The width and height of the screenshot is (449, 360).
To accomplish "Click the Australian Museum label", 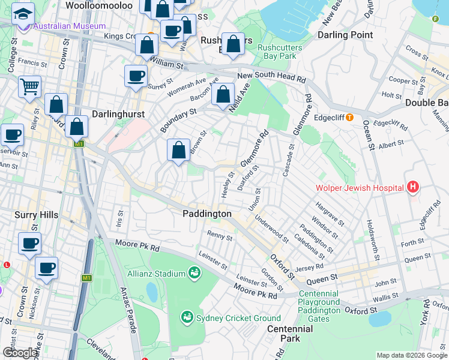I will point(70,26).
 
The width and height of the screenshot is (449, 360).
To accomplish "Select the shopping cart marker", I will point(29,86).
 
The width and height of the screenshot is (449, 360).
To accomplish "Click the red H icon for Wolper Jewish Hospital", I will point(412,188).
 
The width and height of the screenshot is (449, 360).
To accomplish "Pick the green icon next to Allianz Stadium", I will point(194,274).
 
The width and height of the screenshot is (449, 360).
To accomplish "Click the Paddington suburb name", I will point(207,214).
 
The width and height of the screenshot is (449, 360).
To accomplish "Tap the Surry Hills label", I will point(35,215).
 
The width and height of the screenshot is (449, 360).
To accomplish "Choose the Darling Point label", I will point(345,35).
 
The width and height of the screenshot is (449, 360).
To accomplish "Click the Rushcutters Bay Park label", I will point(277,52).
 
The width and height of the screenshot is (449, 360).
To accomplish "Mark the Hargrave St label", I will point(327,214).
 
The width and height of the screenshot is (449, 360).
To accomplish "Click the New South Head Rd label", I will point(271,77).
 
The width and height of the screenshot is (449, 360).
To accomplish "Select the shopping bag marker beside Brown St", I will point(178,150).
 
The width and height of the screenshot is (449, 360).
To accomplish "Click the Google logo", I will point(21,353).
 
